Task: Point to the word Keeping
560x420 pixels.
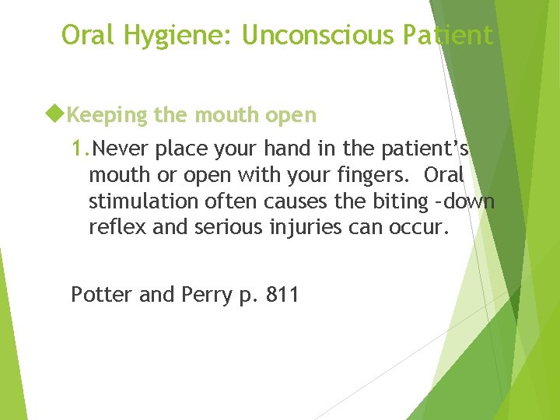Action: click(106, 116)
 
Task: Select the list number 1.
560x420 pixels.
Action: click(81, 147)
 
